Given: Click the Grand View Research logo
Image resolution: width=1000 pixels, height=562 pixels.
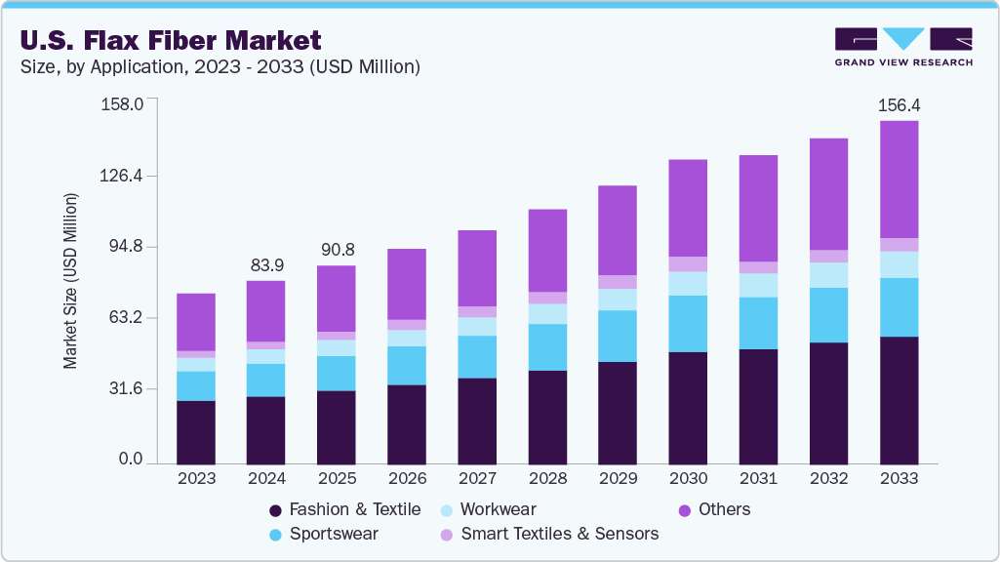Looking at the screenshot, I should (902, 46).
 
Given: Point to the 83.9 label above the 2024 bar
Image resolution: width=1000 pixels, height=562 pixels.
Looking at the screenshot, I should (266, 264).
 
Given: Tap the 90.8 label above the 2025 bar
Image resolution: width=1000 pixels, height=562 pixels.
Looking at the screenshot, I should (337, 249).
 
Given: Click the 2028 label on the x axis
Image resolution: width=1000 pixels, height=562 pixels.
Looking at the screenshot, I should (547, 479).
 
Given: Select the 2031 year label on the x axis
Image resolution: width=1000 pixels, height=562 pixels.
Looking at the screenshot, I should (758, 479).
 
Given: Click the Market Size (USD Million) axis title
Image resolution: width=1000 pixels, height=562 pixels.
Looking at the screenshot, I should (70, 281).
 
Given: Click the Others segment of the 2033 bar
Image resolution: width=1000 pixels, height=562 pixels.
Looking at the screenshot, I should (899, 180).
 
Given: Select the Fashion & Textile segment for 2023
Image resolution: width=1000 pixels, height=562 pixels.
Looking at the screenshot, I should (196, 432).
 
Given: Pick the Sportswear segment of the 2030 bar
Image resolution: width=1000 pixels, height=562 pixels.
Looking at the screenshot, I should (688, 324).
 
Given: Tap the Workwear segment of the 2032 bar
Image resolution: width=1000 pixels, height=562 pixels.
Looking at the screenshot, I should (828, 275).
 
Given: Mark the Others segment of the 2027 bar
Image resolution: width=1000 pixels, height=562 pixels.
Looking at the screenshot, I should (477, 268).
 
